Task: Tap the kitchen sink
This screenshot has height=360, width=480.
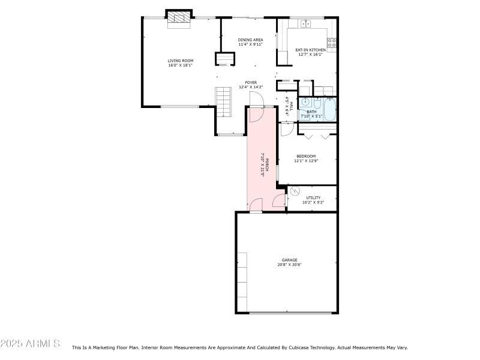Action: point(305,23)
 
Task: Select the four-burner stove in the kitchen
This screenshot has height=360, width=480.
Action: point(332,43)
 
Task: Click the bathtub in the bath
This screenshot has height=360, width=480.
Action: point(329,109)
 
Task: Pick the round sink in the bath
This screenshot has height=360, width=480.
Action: point(304,102)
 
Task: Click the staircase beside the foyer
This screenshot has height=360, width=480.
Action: point(223,102)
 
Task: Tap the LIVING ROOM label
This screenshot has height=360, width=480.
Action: point(181,61)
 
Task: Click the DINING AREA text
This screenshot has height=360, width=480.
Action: point(250,40)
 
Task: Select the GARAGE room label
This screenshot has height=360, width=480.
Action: point(290,260)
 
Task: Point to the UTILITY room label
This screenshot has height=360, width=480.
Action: point(313,198)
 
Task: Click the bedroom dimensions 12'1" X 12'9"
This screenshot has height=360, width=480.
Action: point(306,161)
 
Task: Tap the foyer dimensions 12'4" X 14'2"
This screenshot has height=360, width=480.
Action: point(251,87)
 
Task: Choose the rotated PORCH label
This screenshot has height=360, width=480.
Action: point(267,164)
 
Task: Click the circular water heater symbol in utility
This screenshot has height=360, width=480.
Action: point(295,191)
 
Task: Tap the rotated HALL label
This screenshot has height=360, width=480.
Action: point(291,106)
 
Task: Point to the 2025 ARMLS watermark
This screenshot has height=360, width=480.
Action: point(30,343)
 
